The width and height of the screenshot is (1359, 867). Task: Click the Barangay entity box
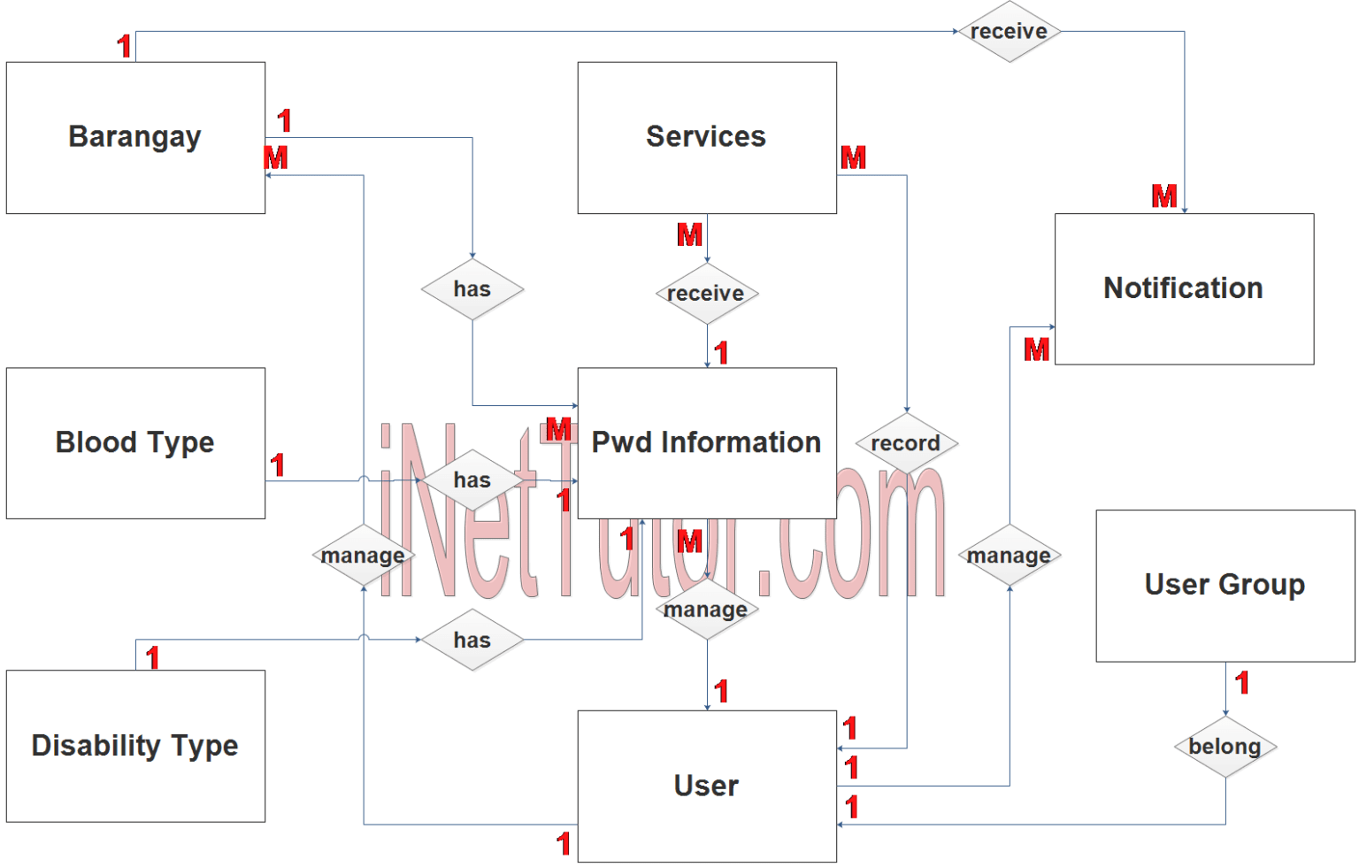pos(135,137)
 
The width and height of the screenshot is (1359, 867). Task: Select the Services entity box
pos(706,137)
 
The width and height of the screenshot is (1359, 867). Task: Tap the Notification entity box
pos(1183,288)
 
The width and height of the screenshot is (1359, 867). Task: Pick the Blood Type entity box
pos(135,442)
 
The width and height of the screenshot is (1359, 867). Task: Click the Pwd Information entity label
pos(706,442)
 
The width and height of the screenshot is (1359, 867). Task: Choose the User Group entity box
pos(1225,585)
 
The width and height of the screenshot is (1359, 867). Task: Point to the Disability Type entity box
pos(135,746)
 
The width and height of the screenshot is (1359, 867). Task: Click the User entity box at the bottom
pos(706,786)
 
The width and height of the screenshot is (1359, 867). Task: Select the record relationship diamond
pos(906,443)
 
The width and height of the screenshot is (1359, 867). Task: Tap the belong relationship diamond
pos(1225,747)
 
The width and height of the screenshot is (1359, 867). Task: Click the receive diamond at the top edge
pos(1009,32)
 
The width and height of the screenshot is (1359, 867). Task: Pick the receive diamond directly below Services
pos(706,293)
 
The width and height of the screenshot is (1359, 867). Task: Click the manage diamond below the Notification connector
pos(1009,556)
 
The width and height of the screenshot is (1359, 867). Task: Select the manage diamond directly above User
pos(706,610)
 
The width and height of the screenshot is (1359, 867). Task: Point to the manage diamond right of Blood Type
pos(363,556)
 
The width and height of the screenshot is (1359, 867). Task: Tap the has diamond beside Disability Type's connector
pos(472,640)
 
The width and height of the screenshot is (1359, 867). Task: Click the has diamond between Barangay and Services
pos(472,289)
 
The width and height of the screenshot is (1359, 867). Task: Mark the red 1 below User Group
pos(1242,683)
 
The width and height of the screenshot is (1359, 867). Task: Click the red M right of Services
pos(854,158)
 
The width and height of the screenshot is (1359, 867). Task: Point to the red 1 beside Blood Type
pos(278,465)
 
